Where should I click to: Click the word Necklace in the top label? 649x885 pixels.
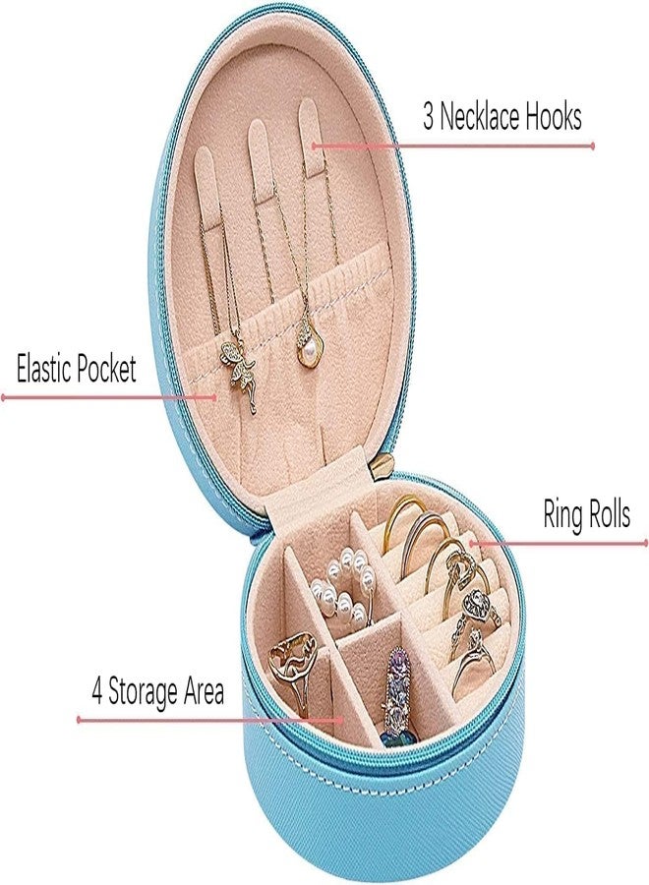click(480, 116)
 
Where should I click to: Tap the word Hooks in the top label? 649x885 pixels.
click(554, 116)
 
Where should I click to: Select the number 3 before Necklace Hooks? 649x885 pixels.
click(429, 117)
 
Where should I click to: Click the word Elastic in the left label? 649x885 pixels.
click(44, 368)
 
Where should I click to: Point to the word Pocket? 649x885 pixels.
click(106, 368)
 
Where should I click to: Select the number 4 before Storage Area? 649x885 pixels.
click(97, 692)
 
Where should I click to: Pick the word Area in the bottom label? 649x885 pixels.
click(203, 692)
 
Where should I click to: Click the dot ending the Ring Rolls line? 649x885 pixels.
click(646, 543)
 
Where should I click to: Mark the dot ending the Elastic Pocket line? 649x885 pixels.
click(3, 398)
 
